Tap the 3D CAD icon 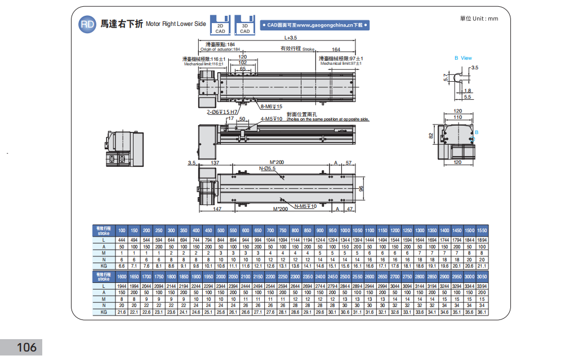(244, 25)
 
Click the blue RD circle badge (87, 24)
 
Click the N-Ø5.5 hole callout (267, 168)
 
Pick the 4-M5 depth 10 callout (272, 119)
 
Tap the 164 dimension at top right (336, 50)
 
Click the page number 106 (26, 347)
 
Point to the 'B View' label (463, 58)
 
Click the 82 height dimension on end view (431, 136)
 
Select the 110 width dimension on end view (458, 117)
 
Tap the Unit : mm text (479, 19)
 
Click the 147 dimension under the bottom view (218, 209)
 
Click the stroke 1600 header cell (121, 277)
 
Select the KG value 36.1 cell (481, 312)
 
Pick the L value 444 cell (121, 241)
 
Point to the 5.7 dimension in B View (446, 77)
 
